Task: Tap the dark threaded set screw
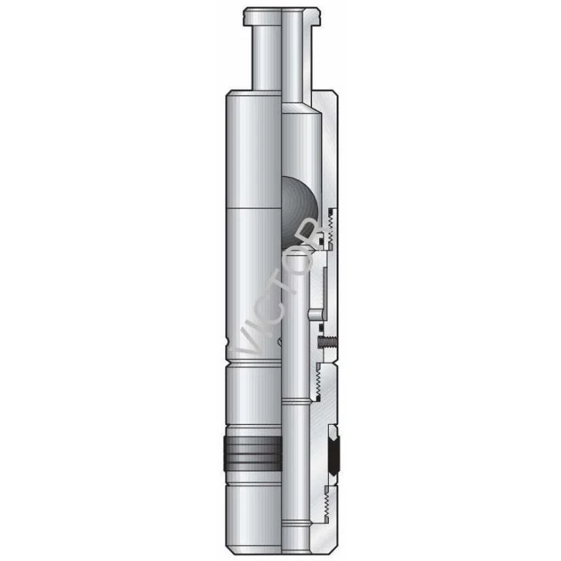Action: click(327, 343)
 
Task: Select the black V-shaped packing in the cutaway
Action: click(334, 450)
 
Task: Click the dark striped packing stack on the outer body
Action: click(253, 453)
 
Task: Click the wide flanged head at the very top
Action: click(281, 16)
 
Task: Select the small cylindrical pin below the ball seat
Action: click(316, 314)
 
